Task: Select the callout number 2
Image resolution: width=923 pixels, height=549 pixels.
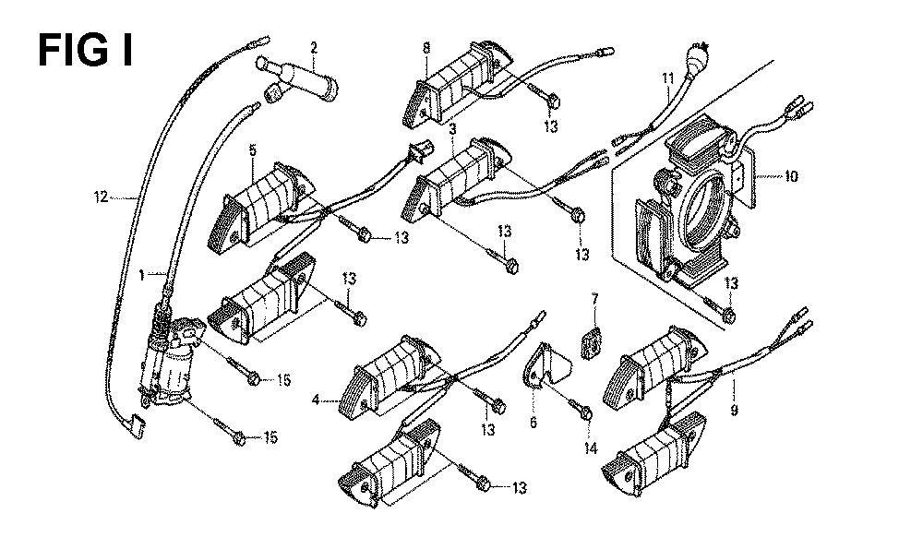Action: point(314,47)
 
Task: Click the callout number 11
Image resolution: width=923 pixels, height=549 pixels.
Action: point(667,79)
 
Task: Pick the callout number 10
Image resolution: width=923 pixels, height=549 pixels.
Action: point(791,175)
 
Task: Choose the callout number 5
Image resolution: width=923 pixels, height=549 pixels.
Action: point(251,150)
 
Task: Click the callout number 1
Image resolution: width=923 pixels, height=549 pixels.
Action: point(142,274)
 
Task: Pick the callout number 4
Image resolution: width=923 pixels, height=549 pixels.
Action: point(316,400)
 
